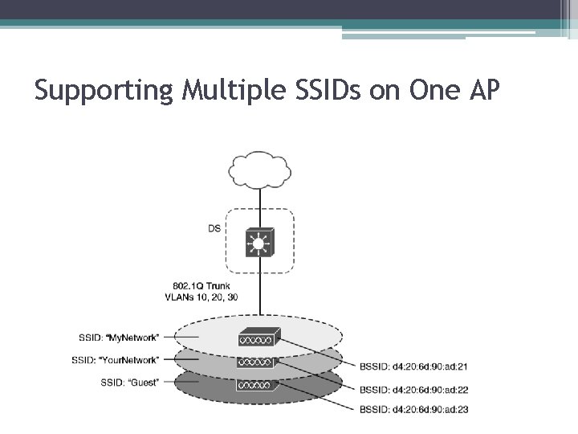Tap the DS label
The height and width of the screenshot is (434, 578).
[x=214, y=229]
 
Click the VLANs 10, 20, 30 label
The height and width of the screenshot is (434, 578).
[x=201, y=297]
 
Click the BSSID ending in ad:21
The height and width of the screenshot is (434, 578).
[x=414, y=367]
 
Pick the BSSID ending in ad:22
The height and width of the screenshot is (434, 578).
[x=414, y=390]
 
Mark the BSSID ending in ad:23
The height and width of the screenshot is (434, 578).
[x=414, y=410]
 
